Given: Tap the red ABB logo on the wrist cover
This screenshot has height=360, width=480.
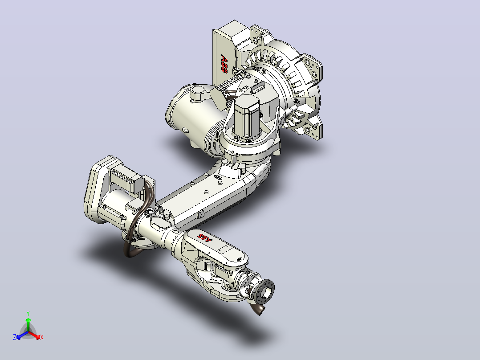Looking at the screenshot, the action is point(205,238).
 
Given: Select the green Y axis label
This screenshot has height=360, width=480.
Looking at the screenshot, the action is point(28,313).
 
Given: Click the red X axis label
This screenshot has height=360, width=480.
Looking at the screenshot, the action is point(42,337).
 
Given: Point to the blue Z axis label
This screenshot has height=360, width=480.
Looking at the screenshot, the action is point(15,337).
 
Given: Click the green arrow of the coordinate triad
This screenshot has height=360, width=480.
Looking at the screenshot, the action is point(28,324).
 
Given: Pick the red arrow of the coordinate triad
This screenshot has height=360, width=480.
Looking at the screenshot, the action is point(34,335).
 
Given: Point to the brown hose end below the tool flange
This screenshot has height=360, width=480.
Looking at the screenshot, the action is point(258,310).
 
